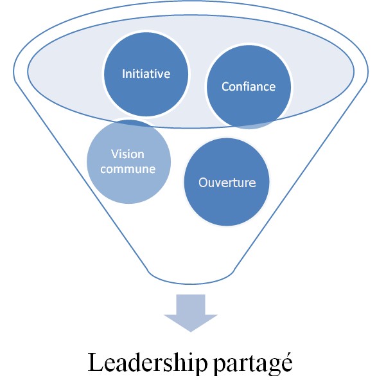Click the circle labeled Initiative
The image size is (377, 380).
pos(146,74)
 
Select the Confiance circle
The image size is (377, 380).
pos(249,87)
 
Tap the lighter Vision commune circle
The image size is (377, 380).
pos(129,161)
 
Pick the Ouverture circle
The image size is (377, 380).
pos(227,182)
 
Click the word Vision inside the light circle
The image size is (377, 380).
pos(128,154)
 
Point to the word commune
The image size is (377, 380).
pos(128,169)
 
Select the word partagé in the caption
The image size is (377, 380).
pos(253,363)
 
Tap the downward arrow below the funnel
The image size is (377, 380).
pos(191,313)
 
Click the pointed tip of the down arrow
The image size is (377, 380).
pos(191,332)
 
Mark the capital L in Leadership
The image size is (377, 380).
pos(96,362)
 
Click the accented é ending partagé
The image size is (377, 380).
pos(286,362)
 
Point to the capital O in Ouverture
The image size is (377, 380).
pos(204,183)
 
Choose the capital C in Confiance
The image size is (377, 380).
pos(225,87)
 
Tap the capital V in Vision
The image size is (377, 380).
pos(115,154)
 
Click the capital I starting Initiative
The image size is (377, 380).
pos(123,74)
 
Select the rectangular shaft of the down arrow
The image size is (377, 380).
pos(191,304)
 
